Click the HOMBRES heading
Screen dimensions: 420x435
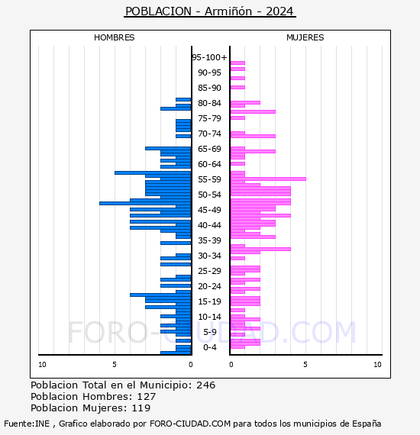point(114,37)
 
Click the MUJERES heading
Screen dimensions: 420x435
point(305,37)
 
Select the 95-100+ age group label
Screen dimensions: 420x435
point(209,57)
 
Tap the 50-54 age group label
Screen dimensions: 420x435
point(209,195)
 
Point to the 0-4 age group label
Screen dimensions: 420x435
point(209,347)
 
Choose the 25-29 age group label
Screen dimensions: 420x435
point(209,271)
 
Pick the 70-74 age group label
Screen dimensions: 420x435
point(209,134)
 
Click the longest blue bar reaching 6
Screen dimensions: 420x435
point(145,203)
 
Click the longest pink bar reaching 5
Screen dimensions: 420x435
point(268,179)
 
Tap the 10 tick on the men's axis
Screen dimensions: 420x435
point(42,365)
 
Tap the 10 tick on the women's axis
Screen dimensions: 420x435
point(377,365)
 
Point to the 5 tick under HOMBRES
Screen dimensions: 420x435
point(115,365)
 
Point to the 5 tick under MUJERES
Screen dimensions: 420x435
point(305,365)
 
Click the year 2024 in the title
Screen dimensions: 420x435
point(279,11)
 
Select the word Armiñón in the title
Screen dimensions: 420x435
point(228,11)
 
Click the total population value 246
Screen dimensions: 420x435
point(205,385)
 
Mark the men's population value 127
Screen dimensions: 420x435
point(147,396)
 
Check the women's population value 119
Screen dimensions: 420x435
point(141,408)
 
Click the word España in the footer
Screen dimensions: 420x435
point(367,424)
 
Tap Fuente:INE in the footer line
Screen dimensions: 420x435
point(27,424)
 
